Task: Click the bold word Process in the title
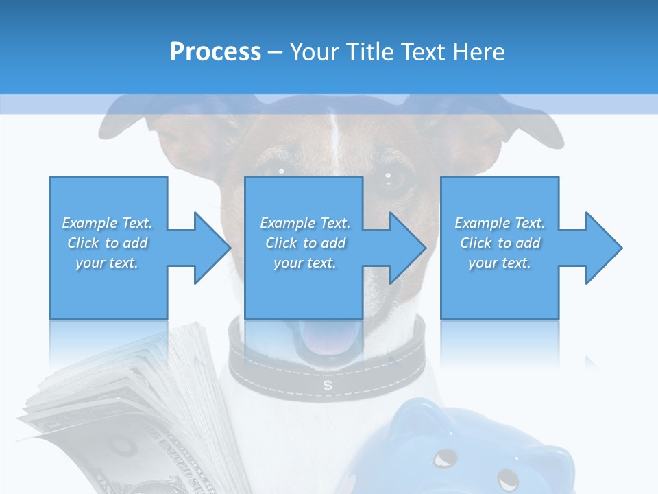(215, 51)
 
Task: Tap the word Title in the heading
(369, 51)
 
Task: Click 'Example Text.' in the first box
(108, 223)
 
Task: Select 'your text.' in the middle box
(305, 263)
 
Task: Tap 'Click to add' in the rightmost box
(500, 243)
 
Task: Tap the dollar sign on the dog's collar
(328, 386)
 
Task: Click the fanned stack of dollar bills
(123, 412)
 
